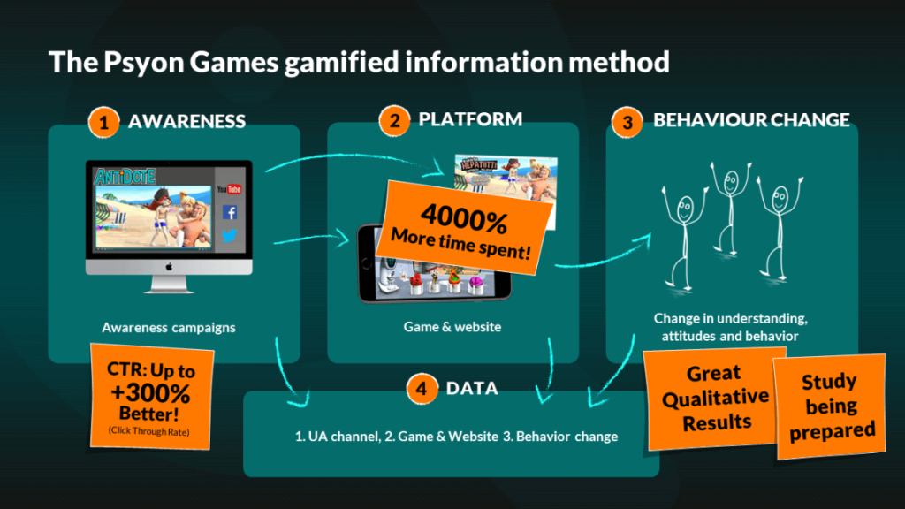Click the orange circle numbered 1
(103, 123)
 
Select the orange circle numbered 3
(627, 123)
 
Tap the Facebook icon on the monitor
(230, 212)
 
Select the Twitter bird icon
(230, 235)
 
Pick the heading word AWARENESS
(186, 122)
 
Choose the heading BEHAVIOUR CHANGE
(751, 120)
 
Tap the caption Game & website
(452, 327)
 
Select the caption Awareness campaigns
(169, 327)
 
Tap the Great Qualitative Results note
(715, 398)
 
